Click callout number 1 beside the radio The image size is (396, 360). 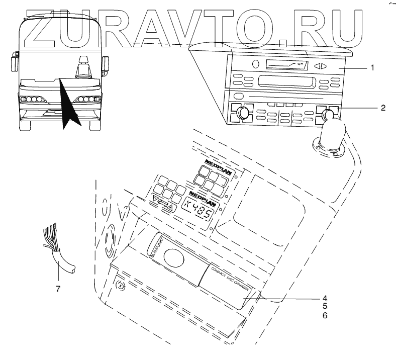tap(372, 67)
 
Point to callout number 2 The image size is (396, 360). tap(383, 107)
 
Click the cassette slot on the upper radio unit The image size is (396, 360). tap(284, 64)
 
